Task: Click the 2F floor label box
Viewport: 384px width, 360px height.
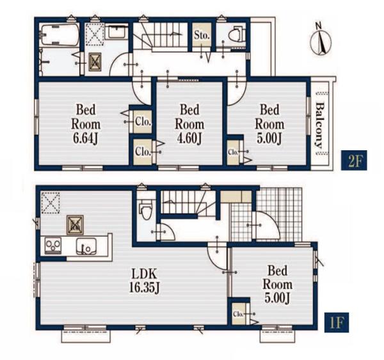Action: pyautogui.click(x=354, y=160)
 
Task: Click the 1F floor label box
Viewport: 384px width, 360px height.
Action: pyautogui.click(x=337, y=322)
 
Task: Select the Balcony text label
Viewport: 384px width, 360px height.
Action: pyautogui.click(x=319, y=126)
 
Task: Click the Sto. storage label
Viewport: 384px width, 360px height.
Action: pyautogui.click(x=202, y=35)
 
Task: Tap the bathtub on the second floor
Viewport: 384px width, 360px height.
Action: pyautogui.click(x=60, y=35)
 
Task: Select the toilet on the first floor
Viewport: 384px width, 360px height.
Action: pyautogui.click(x=146, y=211)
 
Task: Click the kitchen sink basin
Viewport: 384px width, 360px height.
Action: pyautogui.click(x=86, y=246)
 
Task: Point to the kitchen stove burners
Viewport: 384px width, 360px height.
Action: pyautogui.click(x=53, y=246)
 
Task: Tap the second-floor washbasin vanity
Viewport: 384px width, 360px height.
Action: pyautogui.click(x=116, y=31)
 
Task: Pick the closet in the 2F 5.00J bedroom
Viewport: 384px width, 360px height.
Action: pyautogui.click(x=233, y=152)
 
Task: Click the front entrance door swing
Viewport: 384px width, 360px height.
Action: pyautogui.click(x=268, y=224)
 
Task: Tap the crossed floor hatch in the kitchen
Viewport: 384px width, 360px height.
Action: pyautogui.click(x=75, y=225)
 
